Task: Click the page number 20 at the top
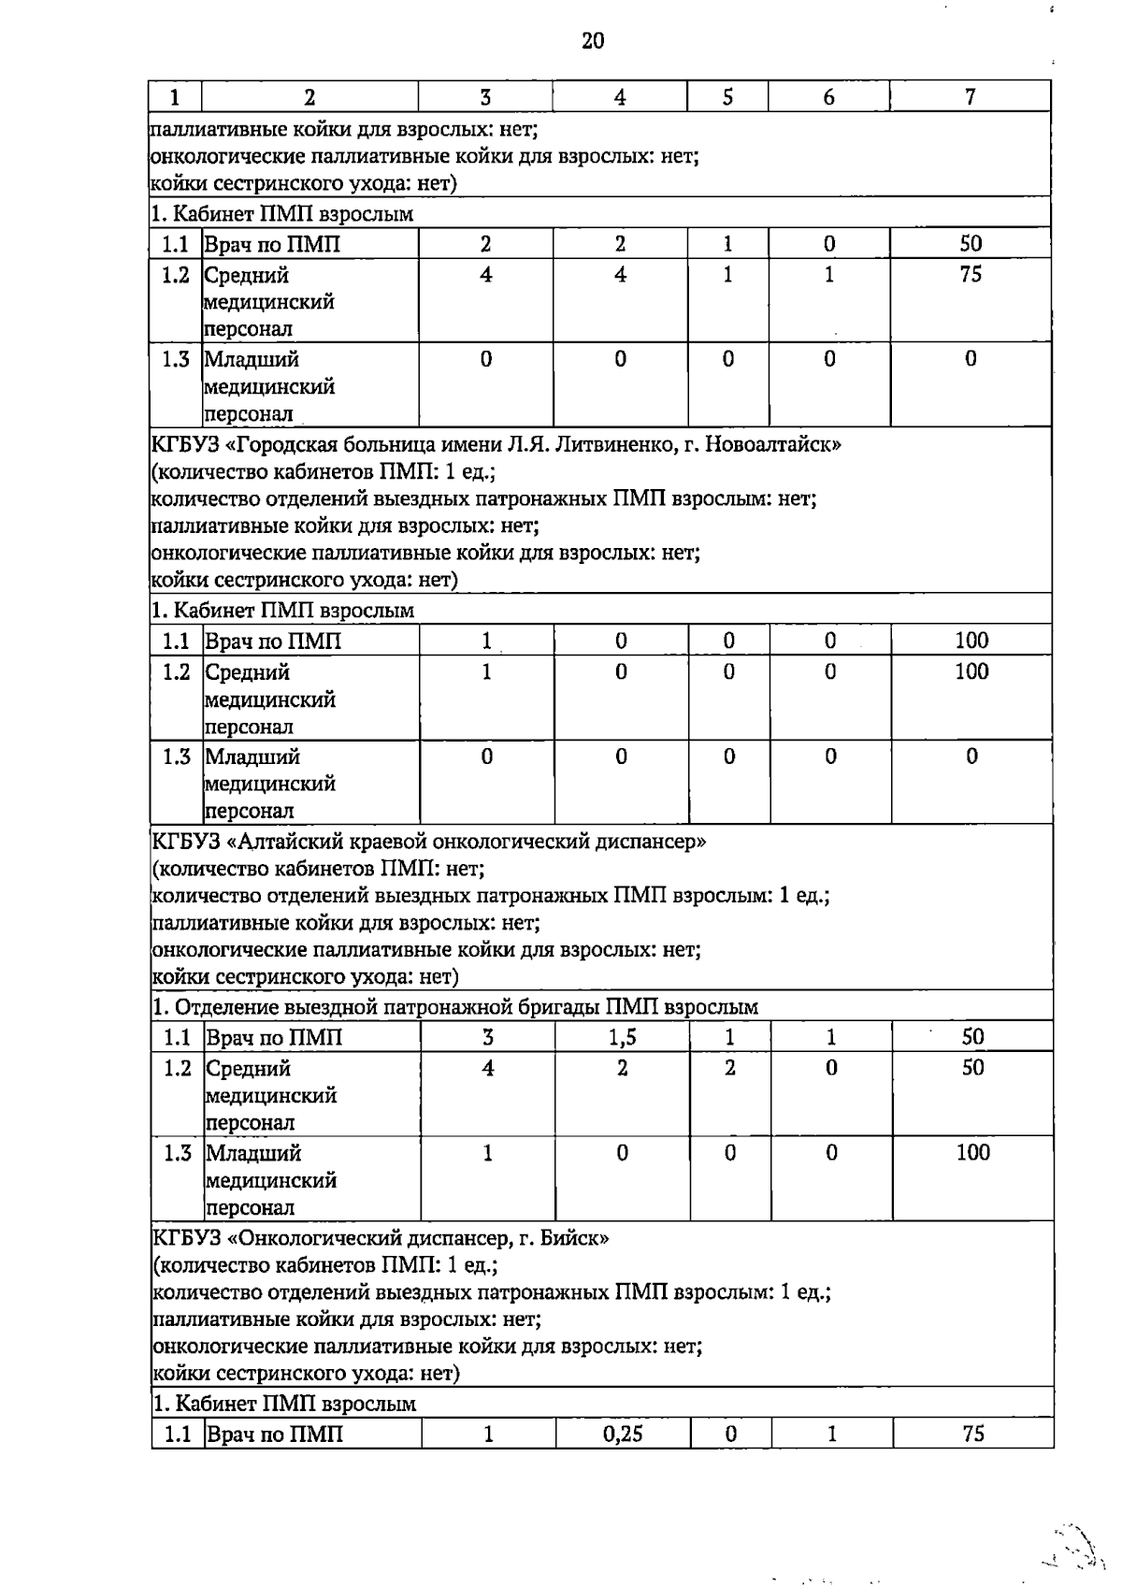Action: (593, 40)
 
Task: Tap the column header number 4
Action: (620, 97)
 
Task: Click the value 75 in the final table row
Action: (972, 1434)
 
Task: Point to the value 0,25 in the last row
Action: (623, 1434)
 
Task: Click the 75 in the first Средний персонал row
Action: (971, 275)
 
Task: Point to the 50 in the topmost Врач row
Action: (971, 244)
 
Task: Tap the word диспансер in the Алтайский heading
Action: (645, 841)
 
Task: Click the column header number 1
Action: (175, 97)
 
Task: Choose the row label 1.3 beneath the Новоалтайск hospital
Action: (176, 757)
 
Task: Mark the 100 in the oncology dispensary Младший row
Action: (972, 1153)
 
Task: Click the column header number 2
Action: (309, 97)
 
